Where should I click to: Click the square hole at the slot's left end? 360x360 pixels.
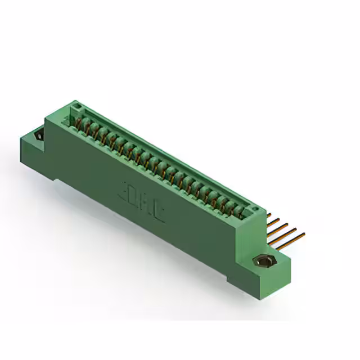78,107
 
